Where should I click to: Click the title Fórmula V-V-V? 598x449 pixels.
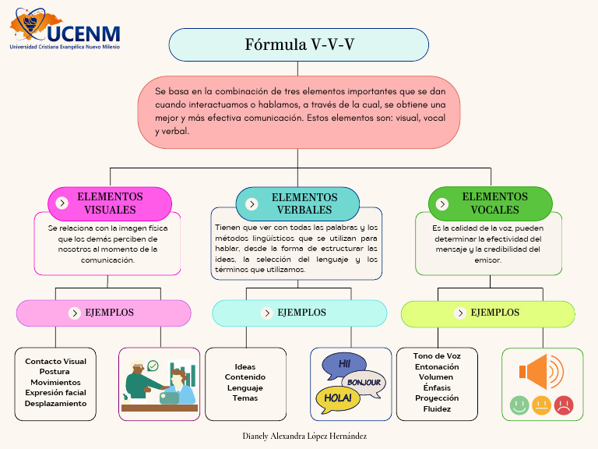pos(299,44)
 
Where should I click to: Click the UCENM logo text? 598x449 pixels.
pos(83,33)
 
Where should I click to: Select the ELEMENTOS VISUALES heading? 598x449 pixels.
pos(110,203)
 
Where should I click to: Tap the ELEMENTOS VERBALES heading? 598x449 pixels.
pos(304,203)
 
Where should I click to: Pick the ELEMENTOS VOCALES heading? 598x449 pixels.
pos(494,203)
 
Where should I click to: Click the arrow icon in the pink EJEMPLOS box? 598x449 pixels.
pos(75,313)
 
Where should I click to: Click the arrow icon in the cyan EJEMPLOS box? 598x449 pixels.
pos(266,313)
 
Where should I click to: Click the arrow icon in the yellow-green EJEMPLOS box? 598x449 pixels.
pos(459,313)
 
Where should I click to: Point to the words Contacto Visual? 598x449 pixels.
pos(55,362)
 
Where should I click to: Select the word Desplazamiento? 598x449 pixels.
pos(55,404)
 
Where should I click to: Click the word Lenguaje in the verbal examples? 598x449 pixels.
pos(245,388)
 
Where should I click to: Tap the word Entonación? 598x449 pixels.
pos(437,366)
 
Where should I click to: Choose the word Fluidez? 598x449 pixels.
pos(437,408)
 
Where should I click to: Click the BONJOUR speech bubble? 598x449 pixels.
pos(364,382)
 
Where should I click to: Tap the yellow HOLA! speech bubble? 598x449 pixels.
pos(338,398)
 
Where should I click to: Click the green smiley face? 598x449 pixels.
pos(519,405)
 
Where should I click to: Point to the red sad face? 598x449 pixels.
pos(564,405)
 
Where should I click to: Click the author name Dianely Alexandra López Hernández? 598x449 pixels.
pos(304,436)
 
